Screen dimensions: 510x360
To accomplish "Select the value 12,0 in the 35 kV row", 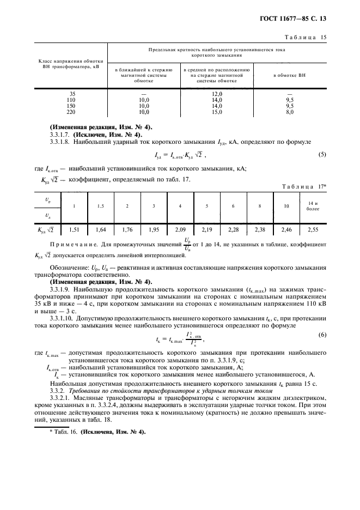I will pyautogui.click(x=217, y=94).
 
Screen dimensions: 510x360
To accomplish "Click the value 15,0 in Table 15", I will pyautogui.click(x=217, y=112).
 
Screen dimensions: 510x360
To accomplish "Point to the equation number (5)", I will pyautogui.click(x=321, y=155).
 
